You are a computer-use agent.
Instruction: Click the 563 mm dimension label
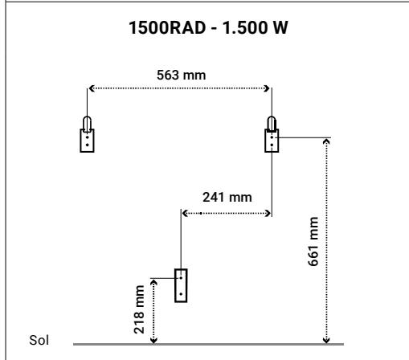click(182, 75)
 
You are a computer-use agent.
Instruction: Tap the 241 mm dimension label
click(227, 198)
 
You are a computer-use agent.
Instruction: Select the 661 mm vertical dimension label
click(313, 241)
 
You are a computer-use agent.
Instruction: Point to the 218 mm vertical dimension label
click(139, 309)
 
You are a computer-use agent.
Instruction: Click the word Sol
click(39, 340)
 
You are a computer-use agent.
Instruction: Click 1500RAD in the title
click(167, 27)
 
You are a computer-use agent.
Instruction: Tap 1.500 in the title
click(246, 27)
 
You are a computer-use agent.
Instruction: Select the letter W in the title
click(280, 27)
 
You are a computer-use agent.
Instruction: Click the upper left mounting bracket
click(87, 141)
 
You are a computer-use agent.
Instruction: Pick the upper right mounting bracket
click(272, 141)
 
